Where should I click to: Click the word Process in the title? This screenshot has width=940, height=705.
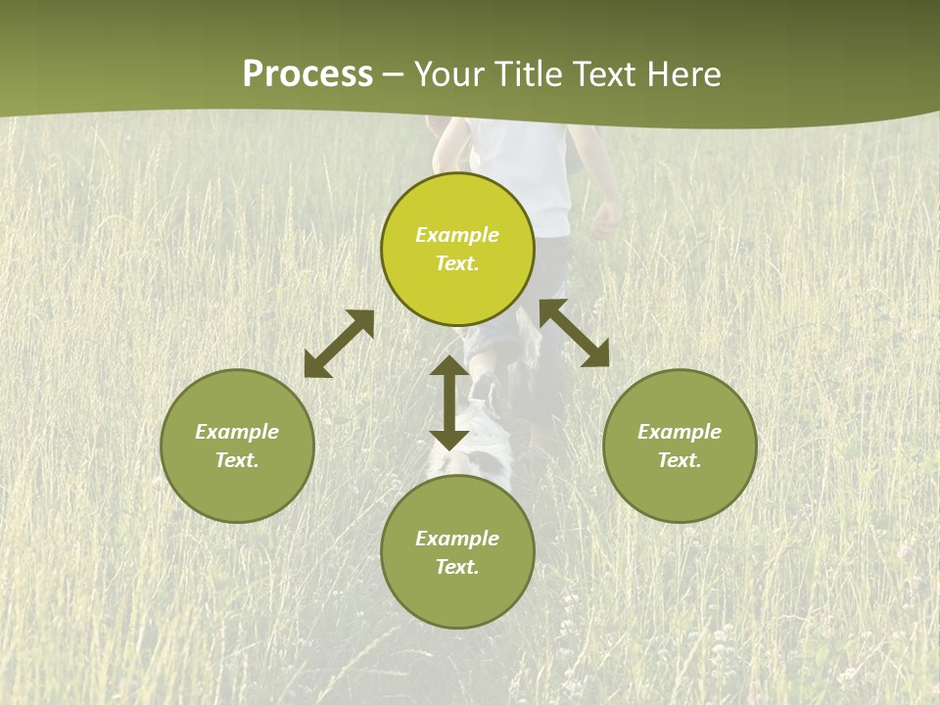point(307,74)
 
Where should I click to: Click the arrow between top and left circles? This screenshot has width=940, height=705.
point(339,344)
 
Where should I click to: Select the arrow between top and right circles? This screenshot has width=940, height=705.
point(574,333)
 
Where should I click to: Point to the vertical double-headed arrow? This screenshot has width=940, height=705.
point(449,402)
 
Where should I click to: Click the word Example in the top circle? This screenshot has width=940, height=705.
point(457,235)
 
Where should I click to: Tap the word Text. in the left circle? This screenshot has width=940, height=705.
point(237,460)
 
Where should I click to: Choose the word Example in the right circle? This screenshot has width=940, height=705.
point(680,432)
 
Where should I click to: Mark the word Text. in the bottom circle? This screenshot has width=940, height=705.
point(457,567)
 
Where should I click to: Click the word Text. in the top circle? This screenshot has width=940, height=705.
point(457,263)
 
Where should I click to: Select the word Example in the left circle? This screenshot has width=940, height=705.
point(237,432)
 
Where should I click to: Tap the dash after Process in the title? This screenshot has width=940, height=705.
point(393,75)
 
